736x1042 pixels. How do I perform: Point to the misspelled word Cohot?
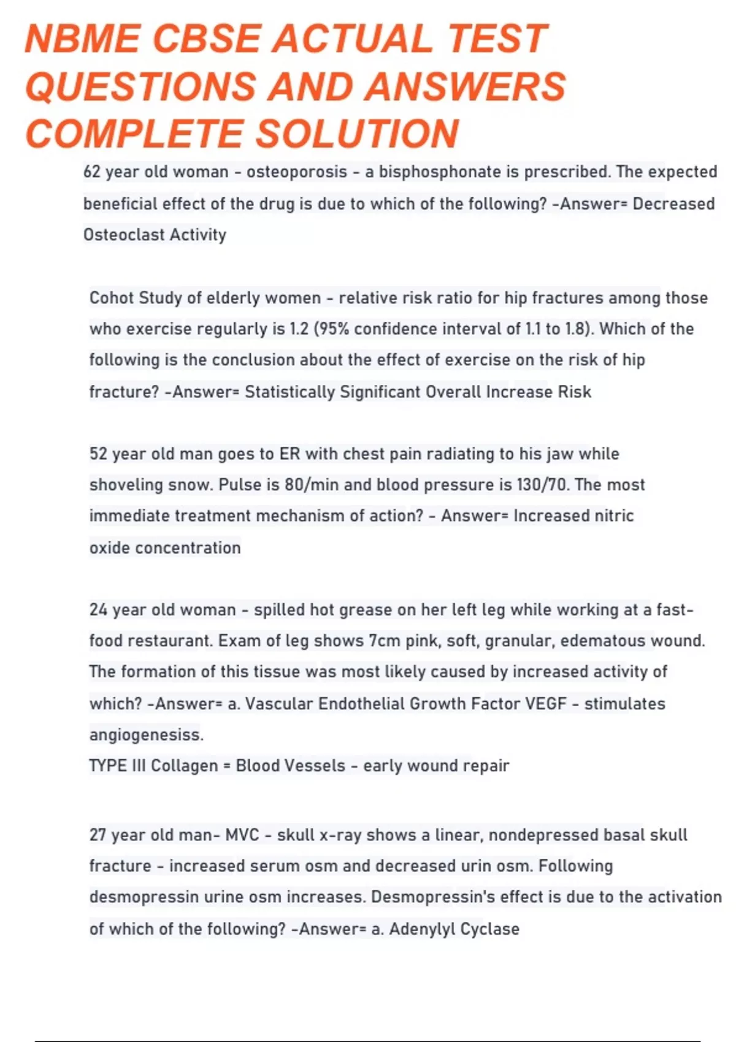[x=111, y=298]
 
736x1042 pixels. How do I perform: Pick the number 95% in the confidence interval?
[x=334, y=329]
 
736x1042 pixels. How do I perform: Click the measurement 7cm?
[x=385, y=641]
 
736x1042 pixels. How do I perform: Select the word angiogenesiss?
[x=146, y=734]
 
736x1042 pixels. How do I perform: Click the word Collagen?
[x=184, y=766]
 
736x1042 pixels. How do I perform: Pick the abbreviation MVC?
[x=242, y=835]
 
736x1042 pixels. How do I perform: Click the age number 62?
[x=91, y=172]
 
